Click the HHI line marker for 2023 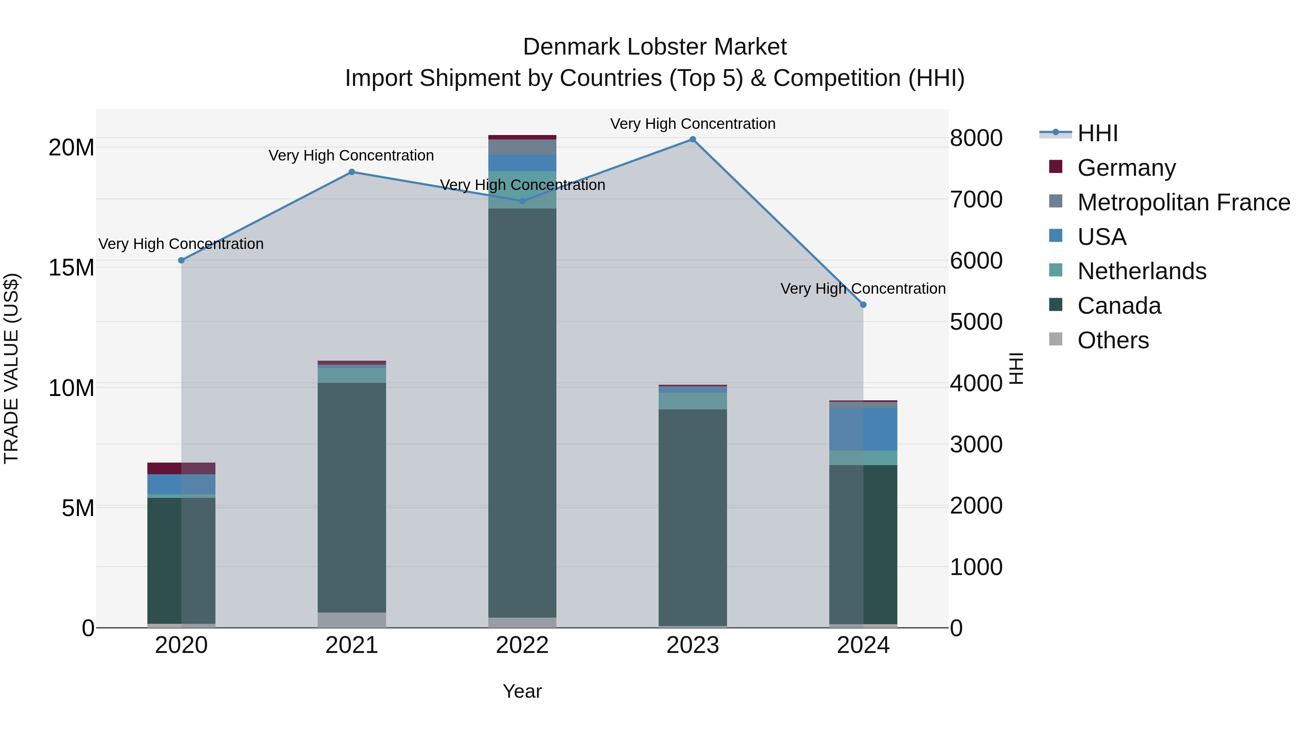(692, 139)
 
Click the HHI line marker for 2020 (182, 261)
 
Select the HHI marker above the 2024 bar (863, 305)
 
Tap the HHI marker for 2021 (352, 172)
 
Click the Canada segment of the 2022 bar (522, 412)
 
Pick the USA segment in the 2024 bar (863, 429)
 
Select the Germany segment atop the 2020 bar (181, 468)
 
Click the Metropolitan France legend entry (1183, 202)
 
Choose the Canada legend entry (1119, 306)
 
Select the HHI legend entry (1097, 133)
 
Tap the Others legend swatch (1056, 339)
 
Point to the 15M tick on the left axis (71, 268)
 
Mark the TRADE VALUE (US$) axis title (11, 368)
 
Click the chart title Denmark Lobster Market (655, 47)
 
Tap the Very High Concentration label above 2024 (863, 288)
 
